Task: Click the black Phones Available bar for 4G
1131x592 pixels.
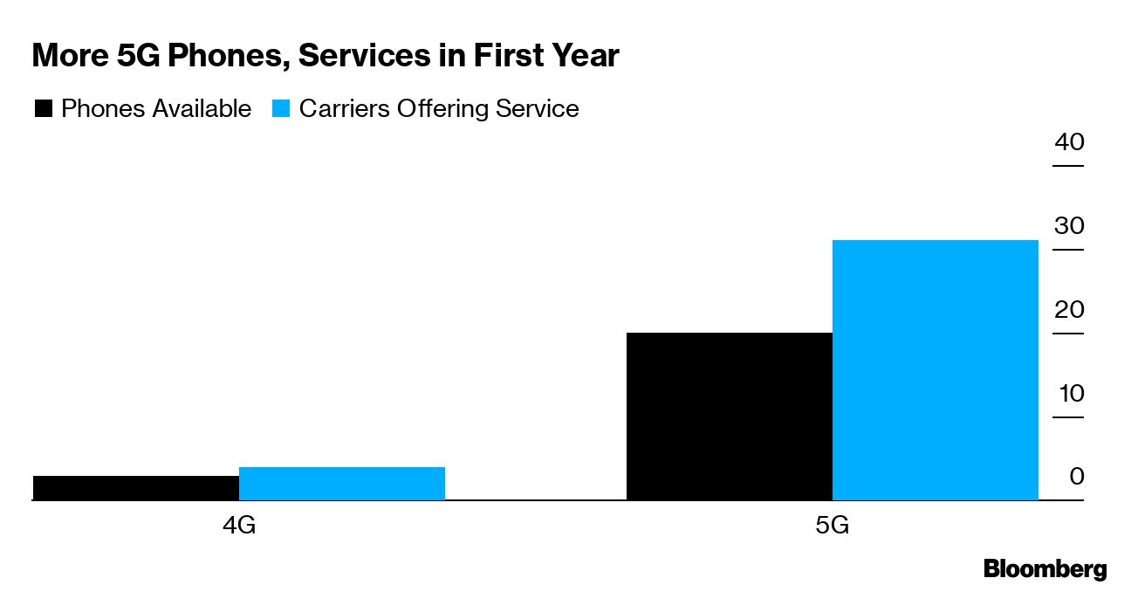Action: tap(135, 488)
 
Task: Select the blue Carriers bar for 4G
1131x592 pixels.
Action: tap(341, 484)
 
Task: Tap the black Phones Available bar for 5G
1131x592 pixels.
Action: tap(730, 416)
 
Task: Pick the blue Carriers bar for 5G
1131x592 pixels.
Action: tap(936, 370)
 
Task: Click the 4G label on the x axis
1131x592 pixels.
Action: tap(238, 527)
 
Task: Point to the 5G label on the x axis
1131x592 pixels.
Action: tap(833, 527)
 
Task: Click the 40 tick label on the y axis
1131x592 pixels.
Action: tap(1069, 141)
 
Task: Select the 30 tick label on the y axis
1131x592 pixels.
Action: tap(1069, 225)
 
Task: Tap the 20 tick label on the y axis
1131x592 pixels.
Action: tap(1069, 309)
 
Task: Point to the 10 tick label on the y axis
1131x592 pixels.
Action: tap(1070, 393)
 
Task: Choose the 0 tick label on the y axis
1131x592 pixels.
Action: tap(1076, 477)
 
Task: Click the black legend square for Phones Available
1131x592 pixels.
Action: tap(43, 109)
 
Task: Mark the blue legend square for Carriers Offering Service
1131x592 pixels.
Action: tap(280, 109)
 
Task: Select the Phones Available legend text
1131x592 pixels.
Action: tap(156, 109)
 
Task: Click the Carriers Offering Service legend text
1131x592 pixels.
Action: tap(439, 109)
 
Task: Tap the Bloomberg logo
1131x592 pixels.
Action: tap(1045, 569)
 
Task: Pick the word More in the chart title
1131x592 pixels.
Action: tap(67, 57)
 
